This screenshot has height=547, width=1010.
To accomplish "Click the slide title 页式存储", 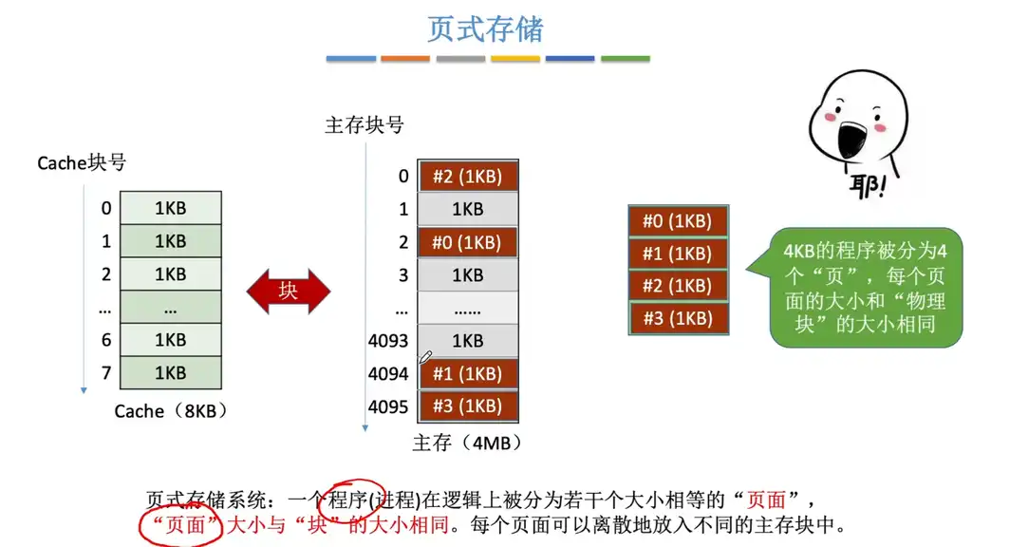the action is click(x=485, y=29).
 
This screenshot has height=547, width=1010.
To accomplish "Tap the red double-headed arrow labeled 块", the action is click(x=289, y=292).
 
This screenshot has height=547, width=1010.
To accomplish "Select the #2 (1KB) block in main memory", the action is click(x=468, y=176).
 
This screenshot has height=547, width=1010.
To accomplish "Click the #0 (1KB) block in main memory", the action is click(x=468, y=242).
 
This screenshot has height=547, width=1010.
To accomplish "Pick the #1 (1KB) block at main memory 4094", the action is click(x=468, y=373).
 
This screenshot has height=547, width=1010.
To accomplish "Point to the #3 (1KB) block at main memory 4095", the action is click(x=468, y=406).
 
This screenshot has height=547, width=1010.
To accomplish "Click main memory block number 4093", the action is click(x=387, y=341).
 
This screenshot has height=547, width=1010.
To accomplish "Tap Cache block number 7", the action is click(x=106, y=373).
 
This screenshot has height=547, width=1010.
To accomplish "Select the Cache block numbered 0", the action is click(x=171, y=208).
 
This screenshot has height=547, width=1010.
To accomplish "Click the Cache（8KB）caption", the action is click(x=170, y=411).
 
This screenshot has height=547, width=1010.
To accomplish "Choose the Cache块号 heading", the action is click(x=82, y=163).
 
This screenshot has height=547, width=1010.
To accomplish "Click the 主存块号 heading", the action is click(x=365, y=125).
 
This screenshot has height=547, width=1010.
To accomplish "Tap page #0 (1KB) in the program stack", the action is click(x=679, y=221).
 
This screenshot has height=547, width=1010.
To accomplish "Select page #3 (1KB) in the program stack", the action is click(x=679, y=318).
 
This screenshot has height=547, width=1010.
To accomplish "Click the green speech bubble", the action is click(x=865, y=288).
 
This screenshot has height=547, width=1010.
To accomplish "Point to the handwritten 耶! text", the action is click(x=868, y=185).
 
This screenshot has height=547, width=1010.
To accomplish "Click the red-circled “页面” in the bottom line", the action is click(x=181, y=525).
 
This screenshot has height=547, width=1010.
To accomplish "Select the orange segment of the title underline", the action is click(x=405, y=59).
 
